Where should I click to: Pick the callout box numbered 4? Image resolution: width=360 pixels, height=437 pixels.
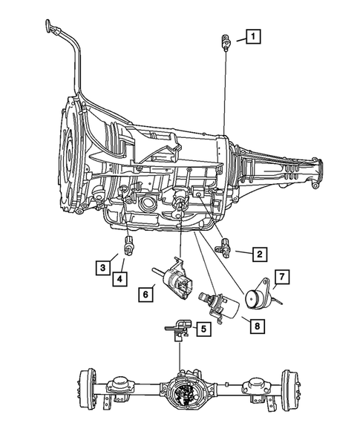[x=120, y=279]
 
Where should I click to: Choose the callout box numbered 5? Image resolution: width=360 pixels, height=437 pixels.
[x=202, y=327]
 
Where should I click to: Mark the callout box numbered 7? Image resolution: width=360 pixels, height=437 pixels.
[x=281, y=278]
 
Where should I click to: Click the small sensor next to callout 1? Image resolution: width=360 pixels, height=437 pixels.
[x=223, y=41]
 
